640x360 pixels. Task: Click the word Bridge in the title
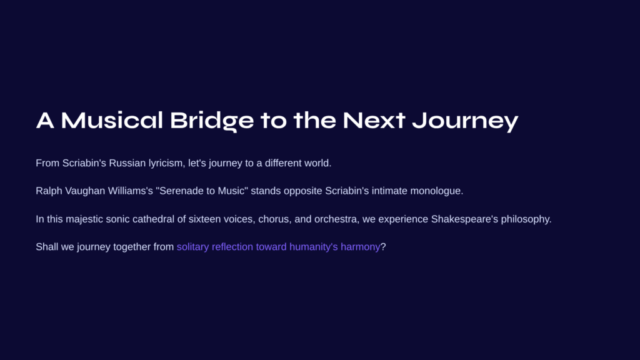[x=212, y=121]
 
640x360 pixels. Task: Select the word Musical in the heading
[x=112, y=120]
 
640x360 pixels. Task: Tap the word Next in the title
[x=374, y=121]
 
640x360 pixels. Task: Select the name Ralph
[x=49, y=191]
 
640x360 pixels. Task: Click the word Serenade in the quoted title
[x=179, y=191]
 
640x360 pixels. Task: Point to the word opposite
[x=303, y=191]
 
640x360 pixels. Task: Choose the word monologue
[x=436, y=191]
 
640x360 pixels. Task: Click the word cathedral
[x=154, y=219]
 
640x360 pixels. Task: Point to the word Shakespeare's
[x=464, y=219]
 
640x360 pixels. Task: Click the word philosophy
[x=526, y=219]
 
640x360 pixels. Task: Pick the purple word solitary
[x=192, y=247]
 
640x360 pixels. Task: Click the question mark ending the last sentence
[x=383, y=247]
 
